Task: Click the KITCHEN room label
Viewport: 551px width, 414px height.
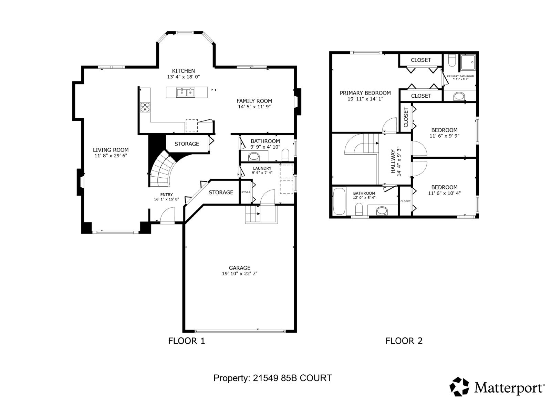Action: click(x=183, y=71)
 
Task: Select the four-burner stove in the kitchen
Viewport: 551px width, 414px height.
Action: click(x=145, y=107)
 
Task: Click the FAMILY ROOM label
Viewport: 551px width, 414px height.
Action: click(x=254, y=101)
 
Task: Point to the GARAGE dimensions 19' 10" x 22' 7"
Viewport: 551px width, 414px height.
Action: click(x=240, y=274)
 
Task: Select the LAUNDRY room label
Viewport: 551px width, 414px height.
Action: click(x=262, y=168)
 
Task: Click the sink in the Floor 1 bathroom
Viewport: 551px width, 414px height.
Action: click(x=254, y=157)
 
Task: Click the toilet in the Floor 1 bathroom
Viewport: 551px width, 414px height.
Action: click(x=285, y=155)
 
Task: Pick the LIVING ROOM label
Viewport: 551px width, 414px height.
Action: click(x=111, y=150)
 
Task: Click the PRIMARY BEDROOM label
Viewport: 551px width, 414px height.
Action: click(x=365, y=93)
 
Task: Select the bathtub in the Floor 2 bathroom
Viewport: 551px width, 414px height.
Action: click(x=339, y=201)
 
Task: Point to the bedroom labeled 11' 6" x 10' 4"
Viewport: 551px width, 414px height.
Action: click(x=444, y=190)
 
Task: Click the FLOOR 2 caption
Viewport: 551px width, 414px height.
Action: click(x=404, y=341)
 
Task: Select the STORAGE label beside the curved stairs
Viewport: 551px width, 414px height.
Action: click(x=187, y=144)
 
